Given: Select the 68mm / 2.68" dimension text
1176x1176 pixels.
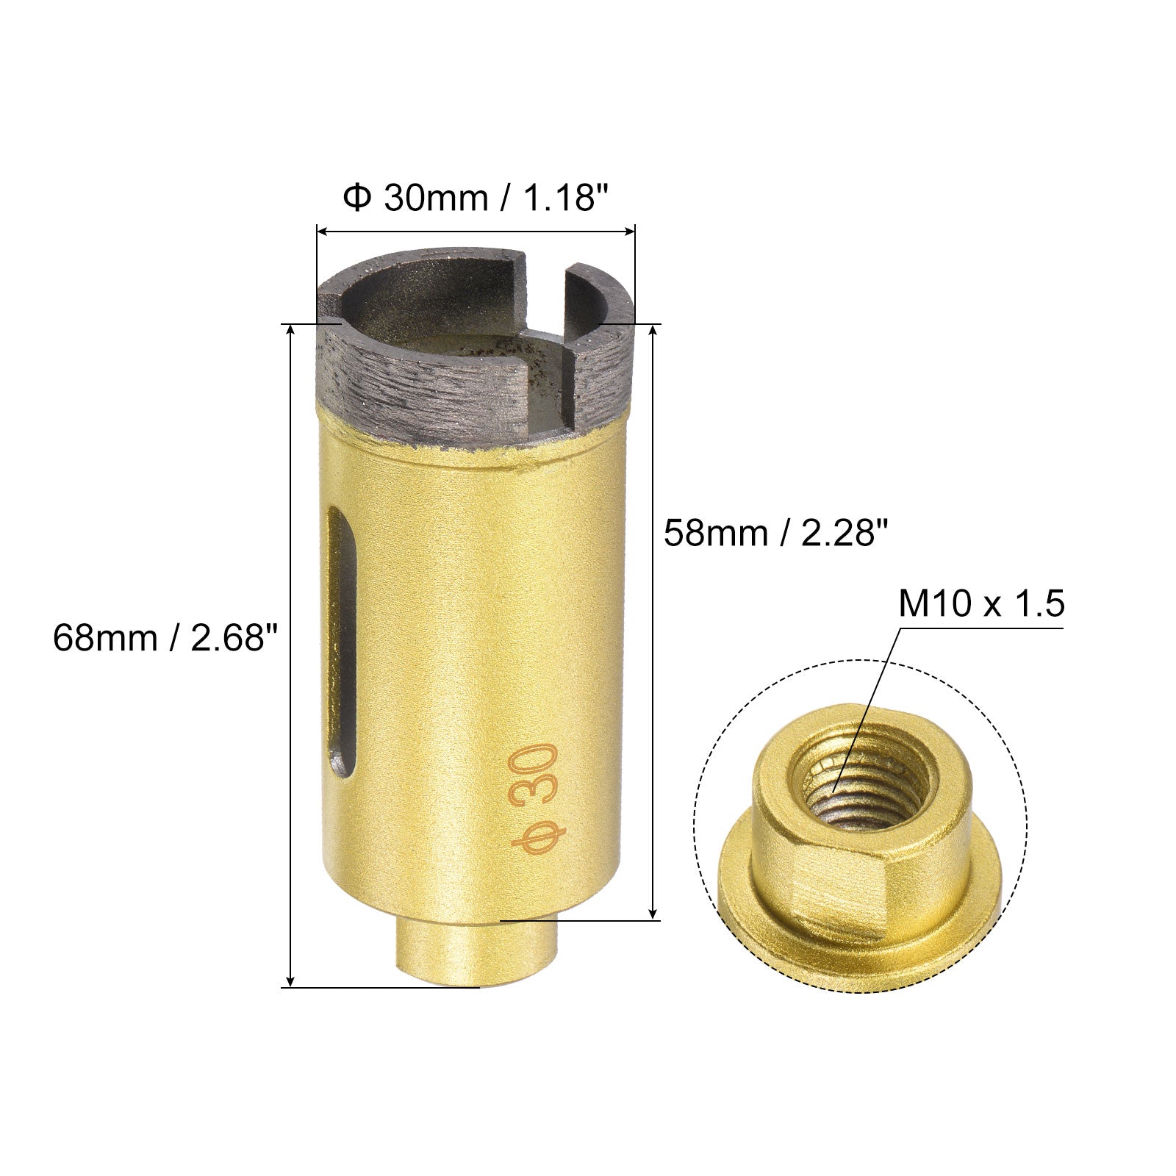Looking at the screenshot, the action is pyautogui.click(x=167, y=637).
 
